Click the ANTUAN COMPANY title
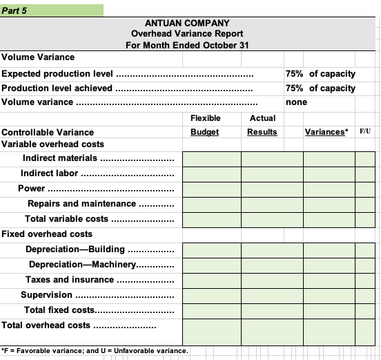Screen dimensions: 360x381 (x=187, y=23)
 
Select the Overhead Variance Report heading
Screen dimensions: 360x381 (x=187, y=34)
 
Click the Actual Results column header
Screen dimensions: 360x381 (x=262, y=125)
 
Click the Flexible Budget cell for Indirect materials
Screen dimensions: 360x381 (x=211, y=159)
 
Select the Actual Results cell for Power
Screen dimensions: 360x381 (x=271, y=189)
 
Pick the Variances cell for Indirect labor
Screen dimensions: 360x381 (x=329, y=173)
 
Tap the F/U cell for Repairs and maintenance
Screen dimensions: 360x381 (x=364, y=204)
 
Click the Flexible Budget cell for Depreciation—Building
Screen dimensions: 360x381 (x=211, y=249)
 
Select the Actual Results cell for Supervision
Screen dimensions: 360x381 (x=271, y=295)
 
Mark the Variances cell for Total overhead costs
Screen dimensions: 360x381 (x=329, y=325)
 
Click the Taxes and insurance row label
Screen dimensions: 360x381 (x=70, y=280)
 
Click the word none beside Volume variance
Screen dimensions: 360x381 (x=297, y=102)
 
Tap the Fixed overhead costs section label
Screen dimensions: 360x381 (x=47, y=234)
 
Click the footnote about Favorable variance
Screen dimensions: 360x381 (x=95, y=351)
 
